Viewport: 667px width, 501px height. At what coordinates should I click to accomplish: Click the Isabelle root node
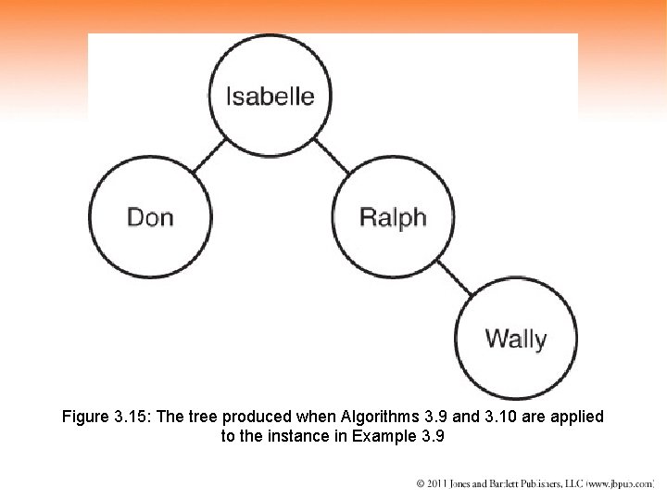pos(271,96)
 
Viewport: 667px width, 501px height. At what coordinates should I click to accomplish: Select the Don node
pos(150,217)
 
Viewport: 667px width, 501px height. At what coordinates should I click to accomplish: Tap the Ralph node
pos(393,217)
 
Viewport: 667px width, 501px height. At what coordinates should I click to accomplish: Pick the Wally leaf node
pos(516,339)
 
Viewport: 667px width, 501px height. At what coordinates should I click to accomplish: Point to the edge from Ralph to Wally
pos(454,278)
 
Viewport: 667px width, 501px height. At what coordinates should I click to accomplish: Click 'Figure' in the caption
pos(85,417)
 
